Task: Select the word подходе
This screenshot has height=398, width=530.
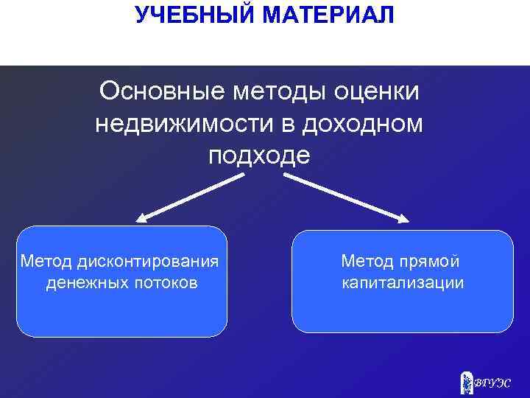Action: pos(259,156)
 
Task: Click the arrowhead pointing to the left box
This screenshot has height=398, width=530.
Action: pos(141,217)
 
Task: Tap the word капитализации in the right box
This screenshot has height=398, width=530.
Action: pos(402,283)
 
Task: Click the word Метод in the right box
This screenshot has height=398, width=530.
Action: pos(365,261)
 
